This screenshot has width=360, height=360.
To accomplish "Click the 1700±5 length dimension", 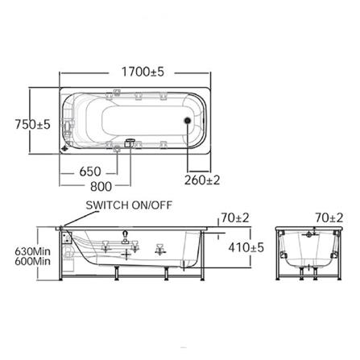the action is (143, 72).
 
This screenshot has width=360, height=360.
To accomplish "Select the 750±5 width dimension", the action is (32, 124).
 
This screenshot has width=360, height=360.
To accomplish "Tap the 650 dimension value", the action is (90, 172).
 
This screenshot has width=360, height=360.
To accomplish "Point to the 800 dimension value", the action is (101, 186).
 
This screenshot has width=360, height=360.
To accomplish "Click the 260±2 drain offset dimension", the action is (202, 180).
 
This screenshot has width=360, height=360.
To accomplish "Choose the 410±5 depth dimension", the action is (246, 247).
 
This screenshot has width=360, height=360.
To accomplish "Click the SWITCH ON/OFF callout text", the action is (129, 205).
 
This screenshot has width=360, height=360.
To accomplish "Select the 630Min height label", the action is (32, 251).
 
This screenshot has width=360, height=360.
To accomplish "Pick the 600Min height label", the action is (32, 261).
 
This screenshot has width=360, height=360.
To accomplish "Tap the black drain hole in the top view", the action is (188, 121).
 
